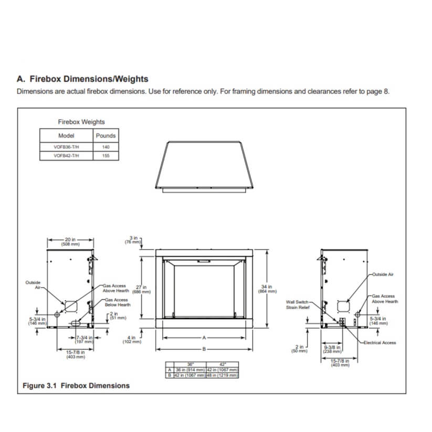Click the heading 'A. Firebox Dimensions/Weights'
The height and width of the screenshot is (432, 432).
(x=82, y=79)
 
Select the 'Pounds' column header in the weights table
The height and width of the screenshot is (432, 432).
(x=106, y=135)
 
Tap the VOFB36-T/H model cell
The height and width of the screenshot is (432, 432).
(x=66, y=147)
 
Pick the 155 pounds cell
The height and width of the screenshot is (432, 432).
(x=106, y=156)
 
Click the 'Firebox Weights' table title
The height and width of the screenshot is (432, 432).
(x=81, y=122)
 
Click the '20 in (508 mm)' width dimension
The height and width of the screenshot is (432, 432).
(x=70, y=243)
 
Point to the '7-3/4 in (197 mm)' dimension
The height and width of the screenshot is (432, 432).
(x=85, y=339)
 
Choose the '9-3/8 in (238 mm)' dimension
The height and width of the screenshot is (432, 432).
(x=333, y=349)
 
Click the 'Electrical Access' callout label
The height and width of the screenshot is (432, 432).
(x=382, y=343)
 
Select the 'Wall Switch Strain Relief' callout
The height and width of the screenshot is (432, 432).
(x=298, y=304)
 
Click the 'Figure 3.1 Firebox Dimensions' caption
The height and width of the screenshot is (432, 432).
(x=76, y=386)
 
